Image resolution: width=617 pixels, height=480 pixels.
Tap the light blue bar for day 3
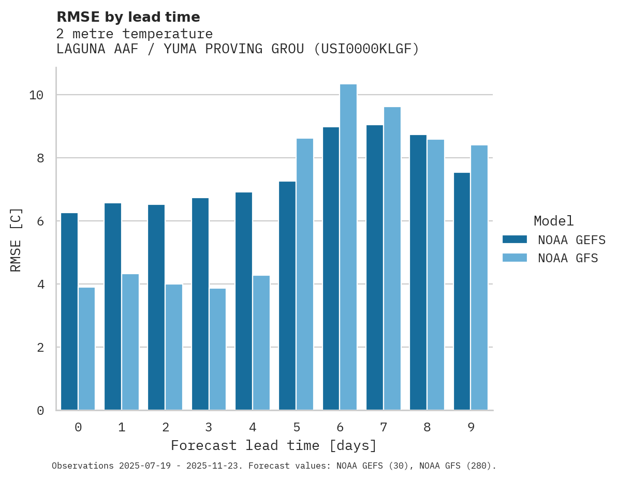[x=217, y=349]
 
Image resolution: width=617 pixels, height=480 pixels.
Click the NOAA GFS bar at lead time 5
[x=304, y=274]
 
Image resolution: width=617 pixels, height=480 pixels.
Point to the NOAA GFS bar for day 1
[x=130, y=342]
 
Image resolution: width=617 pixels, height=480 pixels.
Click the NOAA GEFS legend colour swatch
[x=515, y=239]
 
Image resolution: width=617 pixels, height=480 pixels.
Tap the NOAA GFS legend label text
[x=568, y=258]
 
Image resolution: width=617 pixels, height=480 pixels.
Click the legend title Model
[x=553, y=221]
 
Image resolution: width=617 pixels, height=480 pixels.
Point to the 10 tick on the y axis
[x=36, y=95]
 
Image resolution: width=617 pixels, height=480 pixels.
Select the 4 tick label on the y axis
[x=40, y=284]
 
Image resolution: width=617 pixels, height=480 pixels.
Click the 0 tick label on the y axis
[x=40, y=411]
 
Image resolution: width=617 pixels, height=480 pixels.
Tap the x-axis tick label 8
[x=427, y=427]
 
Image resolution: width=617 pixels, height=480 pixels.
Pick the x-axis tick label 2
[x=165, y=427]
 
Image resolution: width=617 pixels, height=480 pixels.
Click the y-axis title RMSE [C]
[x=16, y=239]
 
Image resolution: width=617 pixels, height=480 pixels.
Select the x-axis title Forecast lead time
[x=274, y=445]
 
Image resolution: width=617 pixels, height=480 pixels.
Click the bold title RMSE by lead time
[x=128, y=17]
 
